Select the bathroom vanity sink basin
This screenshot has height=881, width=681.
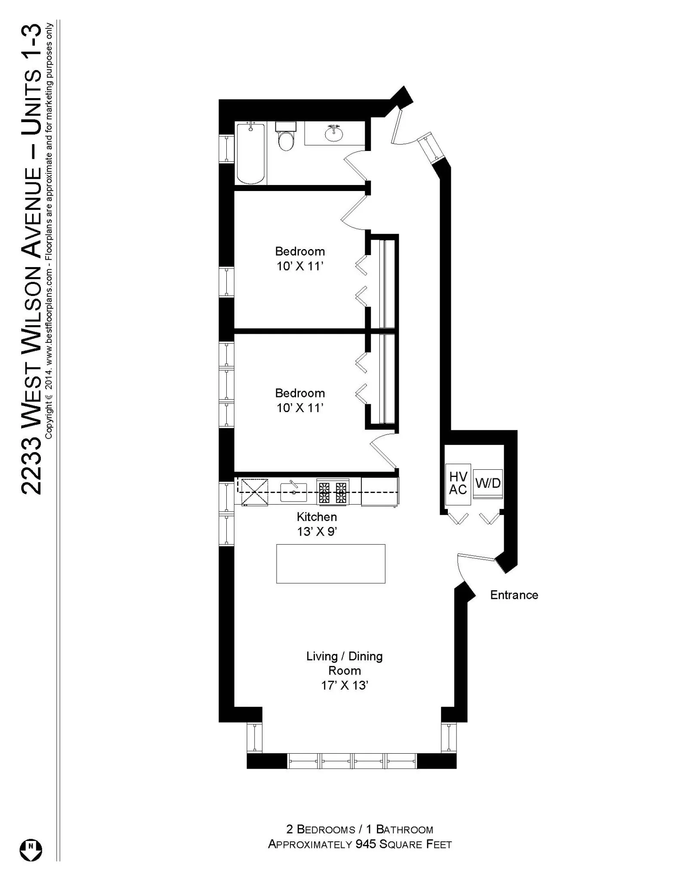(334, 134)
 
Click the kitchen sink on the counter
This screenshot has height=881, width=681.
(293, 492)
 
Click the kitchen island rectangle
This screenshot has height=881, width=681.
(330, 564)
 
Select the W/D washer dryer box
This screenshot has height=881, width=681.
(488, 484)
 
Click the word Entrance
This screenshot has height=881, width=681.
(514, 595)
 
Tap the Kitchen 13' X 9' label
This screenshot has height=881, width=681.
(317, 524)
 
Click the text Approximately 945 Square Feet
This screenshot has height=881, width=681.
(360, 844)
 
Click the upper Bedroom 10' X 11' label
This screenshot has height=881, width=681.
(300, 259)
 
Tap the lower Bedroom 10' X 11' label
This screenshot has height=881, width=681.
(300, 400)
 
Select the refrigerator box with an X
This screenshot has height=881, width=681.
(254, 492)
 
